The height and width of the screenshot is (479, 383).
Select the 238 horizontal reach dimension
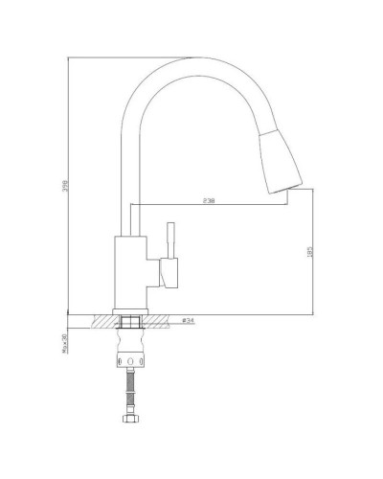pos(208,202)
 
